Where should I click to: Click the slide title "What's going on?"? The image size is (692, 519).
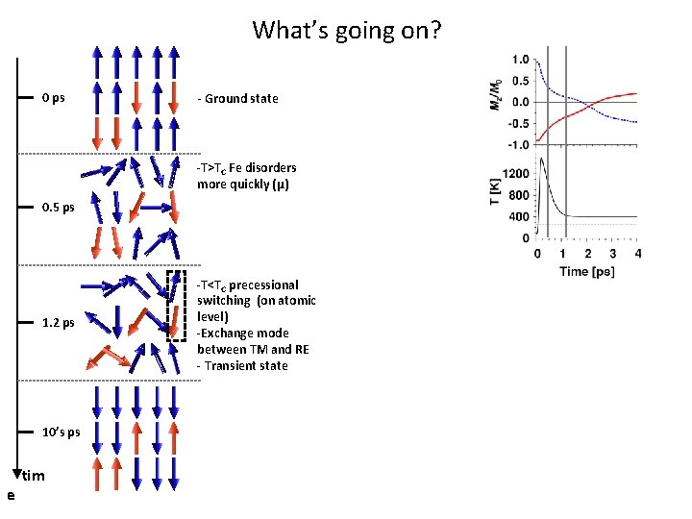pyautogui.click(x=346, y=30)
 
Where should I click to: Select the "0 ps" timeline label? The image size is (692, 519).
pyautogui.click(x=54, y=98)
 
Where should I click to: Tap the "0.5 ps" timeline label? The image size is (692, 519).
pyautogui.click(x=59, y=207)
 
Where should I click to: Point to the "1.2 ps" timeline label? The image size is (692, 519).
pyautogui.click(x=59, y=323)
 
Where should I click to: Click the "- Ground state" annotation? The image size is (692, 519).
pyautogui.click(x=237, y=98)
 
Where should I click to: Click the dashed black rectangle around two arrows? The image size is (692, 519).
pyautogui.click(x=176, y=306)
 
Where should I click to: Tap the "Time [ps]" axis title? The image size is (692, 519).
pyautogui.click(x=587, y=272)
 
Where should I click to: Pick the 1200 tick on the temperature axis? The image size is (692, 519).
pyautogui.click(x=515, y=174)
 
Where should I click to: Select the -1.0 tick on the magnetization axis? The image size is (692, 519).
pyautogui.click(x=517, y=145)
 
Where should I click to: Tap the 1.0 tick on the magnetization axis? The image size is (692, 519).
pyautogui.click(x=519, y=59)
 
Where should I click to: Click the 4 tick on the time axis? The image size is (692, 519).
pyautogui.click(x=638, y=254)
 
